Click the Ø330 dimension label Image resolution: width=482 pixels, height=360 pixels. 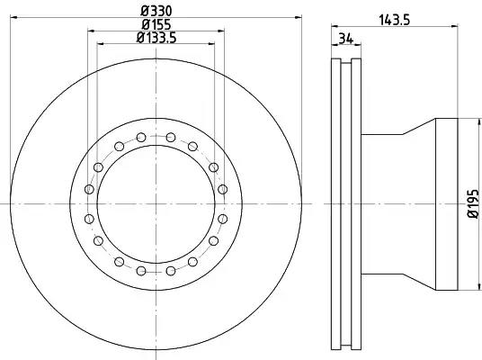(156, 12)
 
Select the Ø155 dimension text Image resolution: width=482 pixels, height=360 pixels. (156, 24)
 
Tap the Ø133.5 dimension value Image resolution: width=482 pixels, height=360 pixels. (156, 38)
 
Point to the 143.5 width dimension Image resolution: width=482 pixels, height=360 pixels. (395, 21)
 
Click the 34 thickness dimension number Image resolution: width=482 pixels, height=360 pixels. (346, 39)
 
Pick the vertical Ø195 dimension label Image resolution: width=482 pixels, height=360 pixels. (473, 203)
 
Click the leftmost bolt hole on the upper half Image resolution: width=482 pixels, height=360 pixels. (89, 189)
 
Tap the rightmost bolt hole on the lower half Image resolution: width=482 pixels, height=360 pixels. (222, 219)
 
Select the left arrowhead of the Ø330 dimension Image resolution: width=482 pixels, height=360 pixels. (13, 17)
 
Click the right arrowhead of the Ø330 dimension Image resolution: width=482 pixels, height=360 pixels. (299, 17)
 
